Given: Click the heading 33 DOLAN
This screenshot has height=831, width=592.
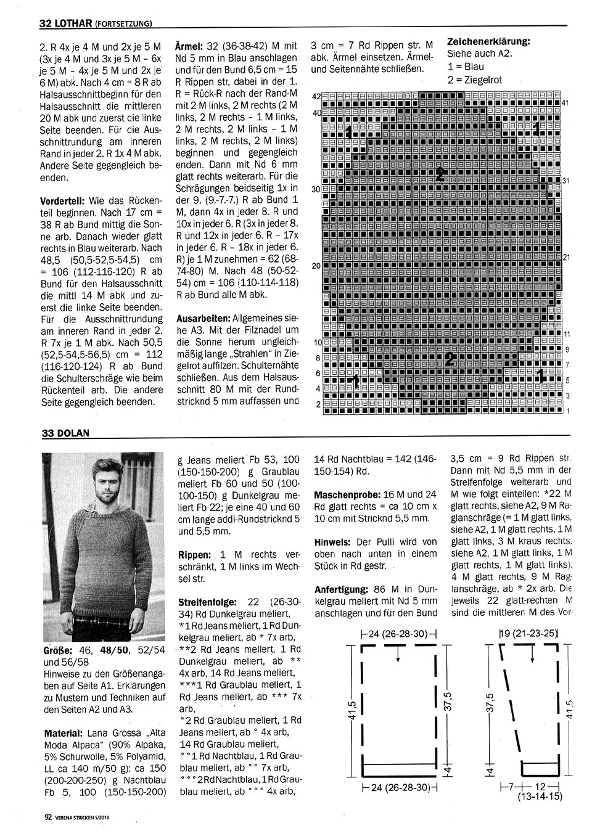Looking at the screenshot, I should coord(65,433).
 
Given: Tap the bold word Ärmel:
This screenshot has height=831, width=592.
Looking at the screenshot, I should coord(189,46).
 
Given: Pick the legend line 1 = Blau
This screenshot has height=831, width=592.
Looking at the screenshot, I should coord(466,67).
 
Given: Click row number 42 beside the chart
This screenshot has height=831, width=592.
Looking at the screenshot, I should coord(317,97).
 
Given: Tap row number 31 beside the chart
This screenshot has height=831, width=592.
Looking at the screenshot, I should coord(565,181).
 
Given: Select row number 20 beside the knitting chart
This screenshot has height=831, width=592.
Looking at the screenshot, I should coord(317,266).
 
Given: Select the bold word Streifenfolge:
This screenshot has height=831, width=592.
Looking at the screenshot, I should coord(209,601).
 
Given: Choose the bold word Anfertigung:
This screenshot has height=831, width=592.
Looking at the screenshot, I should coord(341,589).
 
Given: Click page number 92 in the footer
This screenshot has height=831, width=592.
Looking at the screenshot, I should coord(47,819).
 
